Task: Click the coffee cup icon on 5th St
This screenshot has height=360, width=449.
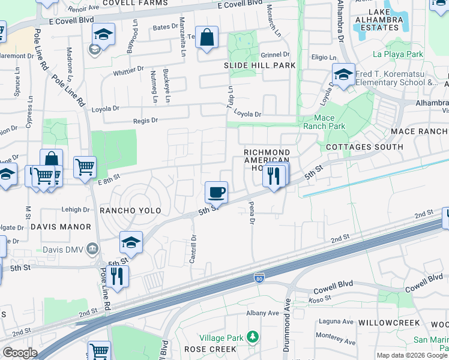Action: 216,193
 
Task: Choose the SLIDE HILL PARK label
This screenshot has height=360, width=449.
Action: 260,65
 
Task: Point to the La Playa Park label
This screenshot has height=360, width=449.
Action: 398,55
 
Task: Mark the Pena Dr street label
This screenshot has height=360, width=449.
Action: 252,215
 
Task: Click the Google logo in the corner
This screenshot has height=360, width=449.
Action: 20,353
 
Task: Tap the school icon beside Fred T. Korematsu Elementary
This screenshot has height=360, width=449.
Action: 343,76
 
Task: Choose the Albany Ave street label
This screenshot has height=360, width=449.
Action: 265,313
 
